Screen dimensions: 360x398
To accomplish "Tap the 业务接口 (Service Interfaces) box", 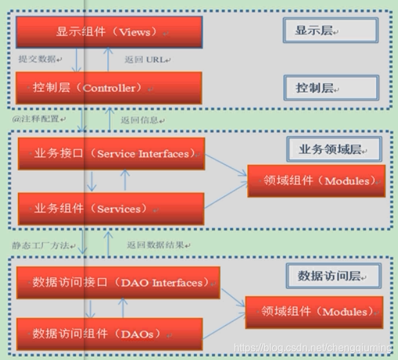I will [x=111, y=154].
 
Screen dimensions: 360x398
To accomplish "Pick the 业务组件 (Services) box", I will [x=111, y=209].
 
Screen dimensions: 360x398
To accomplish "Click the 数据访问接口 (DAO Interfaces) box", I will [x=118, y=283].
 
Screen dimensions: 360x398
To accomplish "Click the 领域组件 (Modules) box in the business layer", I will [x=316, y=181].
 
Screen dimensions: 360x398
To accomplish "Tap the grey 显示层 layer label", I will [x=330, y=30].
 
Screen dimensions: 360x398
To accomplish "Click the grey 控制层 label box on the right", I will [x=330, y=88].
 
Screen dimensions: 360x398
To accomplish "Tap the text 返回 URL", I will [x=147, y=59].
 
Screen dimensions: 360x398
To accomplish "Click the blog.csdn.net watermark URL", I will [x=313, y=348].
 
